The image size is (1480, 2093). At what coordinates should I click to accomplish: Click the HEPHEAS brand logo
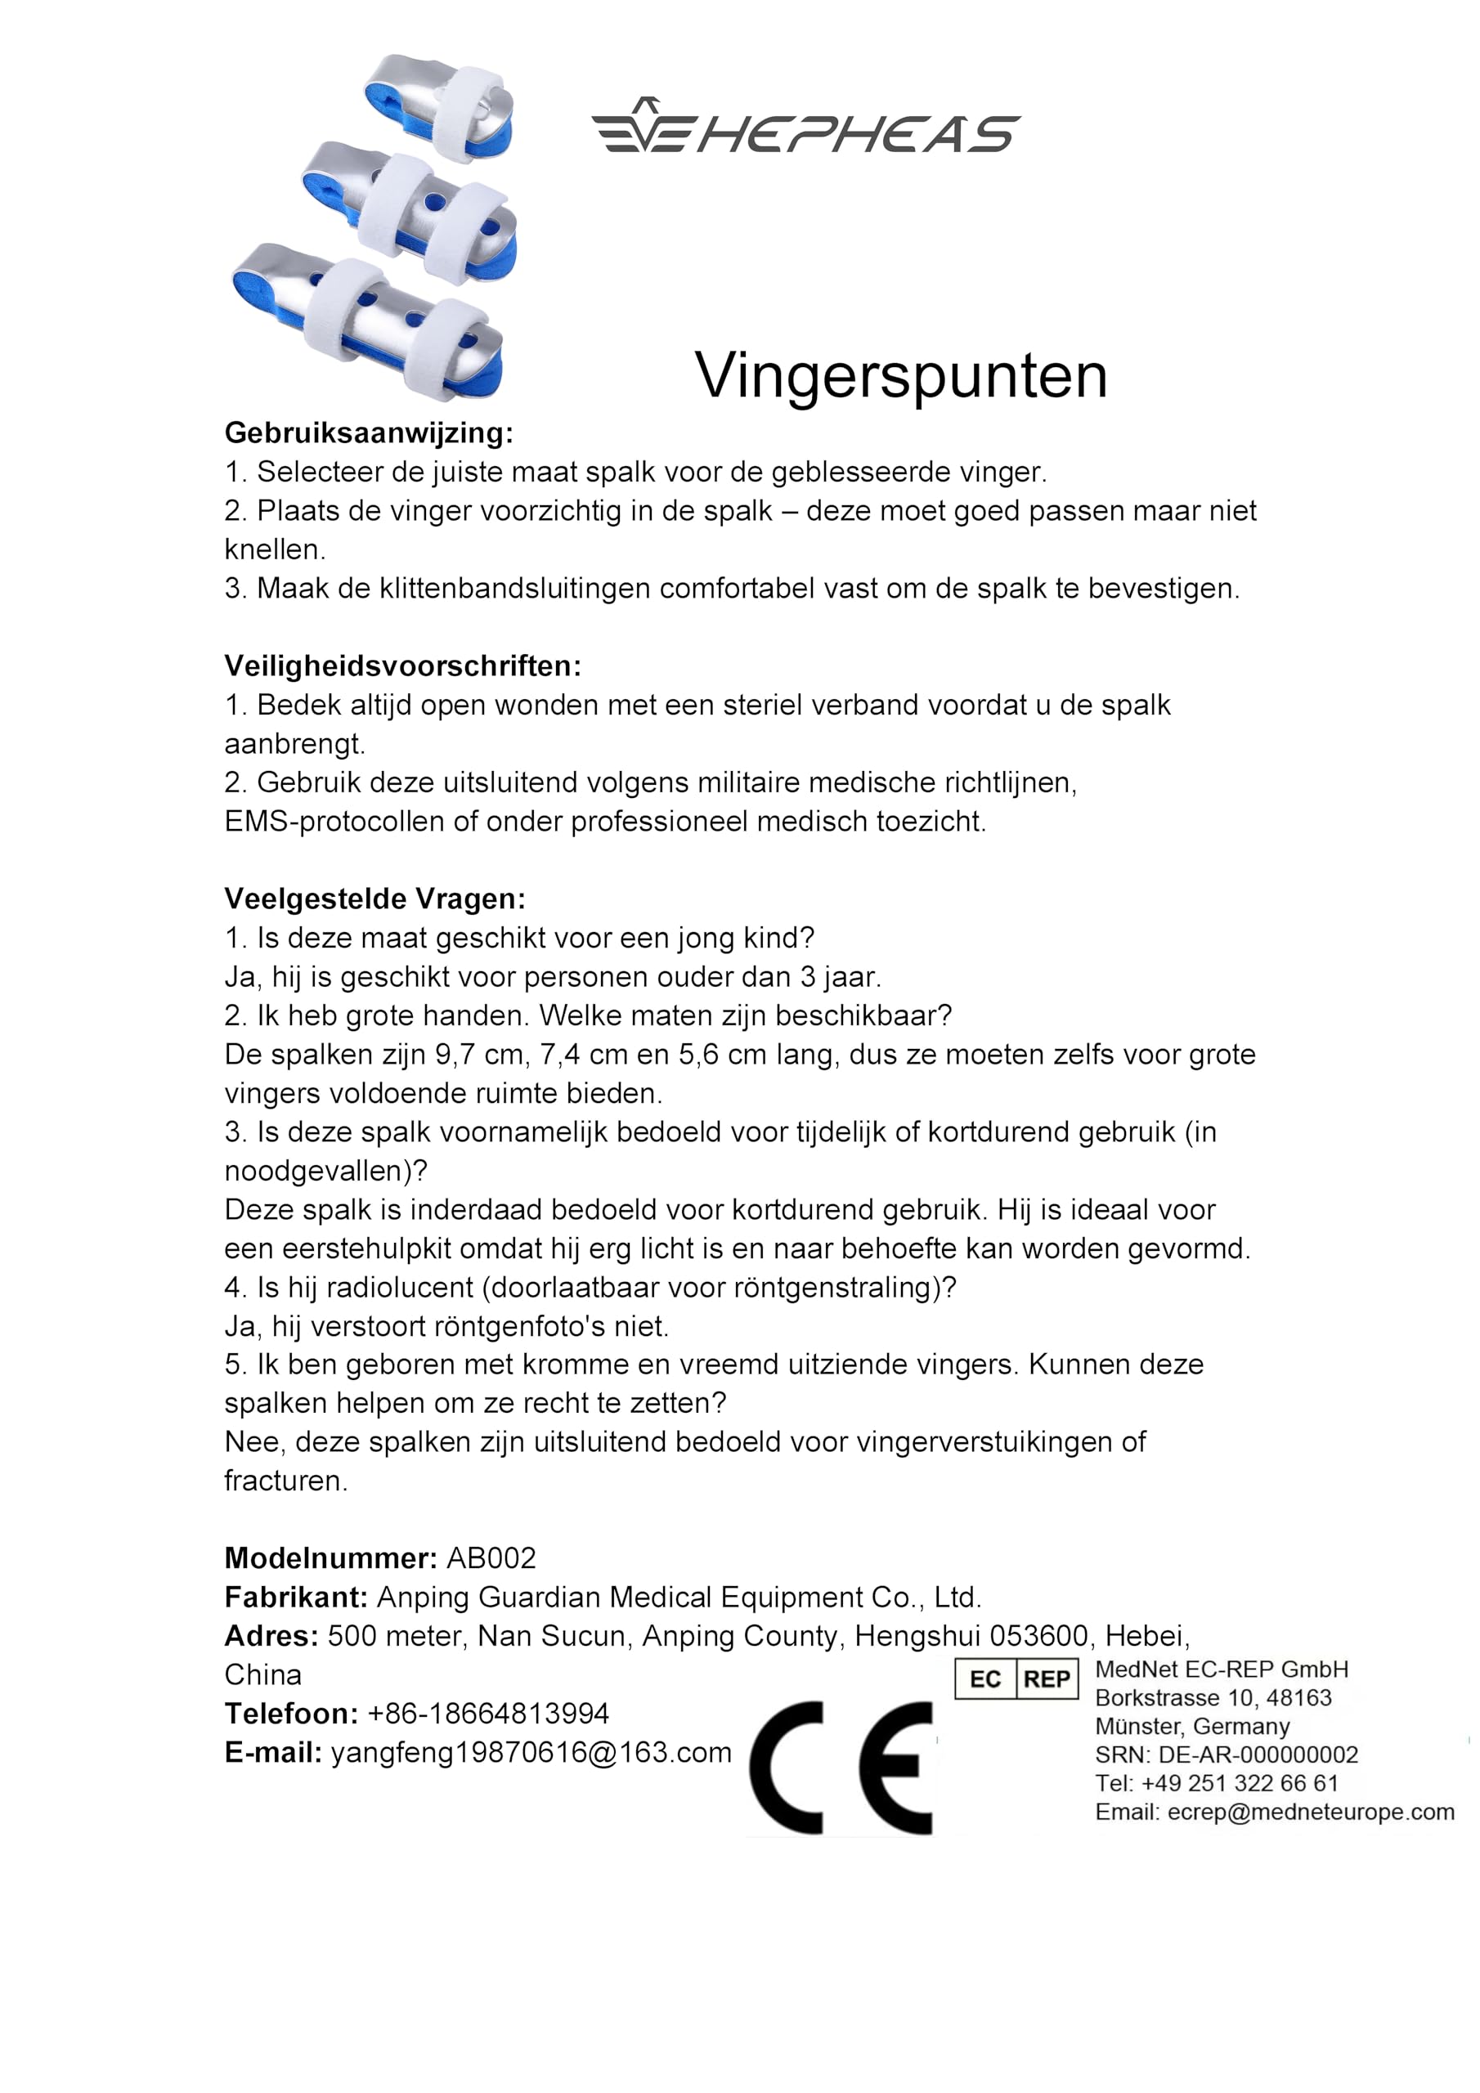[806, 126]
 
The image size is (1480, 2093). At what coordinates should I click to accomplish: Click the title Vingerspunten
[901, 374]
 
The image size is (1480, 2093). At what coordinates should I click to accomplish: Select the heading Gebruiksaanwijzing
[369, 432]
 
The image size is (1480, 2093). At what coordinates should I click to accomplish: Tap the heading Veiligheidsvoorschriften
[402, 666]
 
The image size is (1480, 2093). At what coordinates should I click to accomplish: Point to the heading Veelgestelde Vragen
[374, 899]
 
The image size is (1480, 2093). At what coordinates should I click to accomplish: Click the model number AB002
[491, 1558]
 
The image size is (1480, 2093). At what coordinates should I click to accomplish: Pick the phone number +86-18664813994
[488, 1713]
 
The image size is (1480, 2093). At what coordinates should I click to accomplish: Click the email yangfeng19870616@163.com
[531, 1752]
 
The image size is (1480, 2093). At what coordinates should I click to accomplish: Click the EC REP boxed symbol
[1016, 1678]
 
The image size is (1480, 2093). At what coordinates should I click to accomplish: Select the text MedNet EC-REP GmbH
[1221, 1669]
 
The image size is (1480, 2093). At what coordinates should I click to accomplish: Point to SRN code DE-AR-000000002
[1258, 1755]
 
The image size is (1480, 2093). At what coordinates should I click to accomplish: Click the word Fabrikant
[295, 1597]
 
